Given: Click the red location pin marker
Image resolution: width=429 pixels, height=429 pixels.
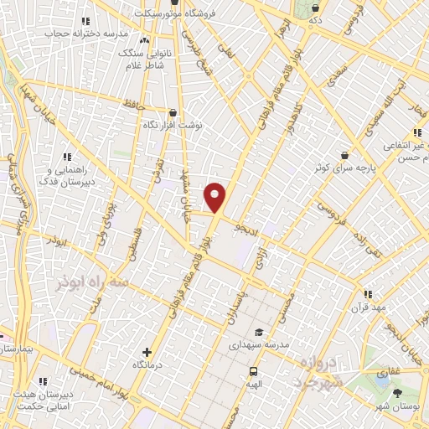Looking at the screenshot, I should point(215,197).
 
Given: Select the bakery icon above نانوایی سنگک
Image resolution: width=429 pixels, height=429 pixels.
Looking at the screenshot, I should point(145,39).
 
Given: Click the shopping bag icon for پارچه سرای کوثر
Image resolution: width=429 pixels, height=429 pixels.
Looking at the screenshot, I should point(344,155).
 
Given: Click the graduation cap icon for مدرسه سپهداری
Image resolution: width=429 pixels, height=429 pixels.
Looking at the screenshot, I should point(258,332).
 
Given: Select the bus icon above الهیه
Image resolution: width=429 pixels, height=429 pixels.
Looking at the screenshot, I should point(252,371).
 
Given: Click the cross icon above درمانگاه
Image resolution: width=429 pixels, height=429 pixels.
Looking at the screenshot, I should point(147,353).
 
